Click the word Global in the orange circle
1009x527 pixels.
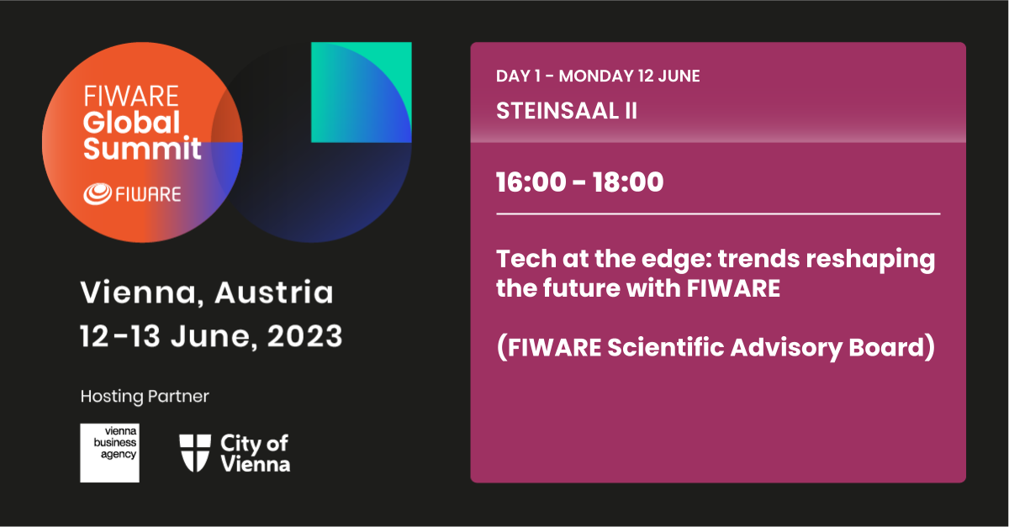[131, 123]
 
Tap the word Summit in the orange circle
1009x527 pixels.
[142, 148]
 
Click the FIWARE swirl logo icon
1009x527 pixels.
[98, 194]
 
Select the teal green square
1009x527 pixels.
[362, 92]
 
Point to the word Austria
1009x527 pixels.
[274, 292]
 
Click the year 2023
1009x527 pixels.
[305, 336]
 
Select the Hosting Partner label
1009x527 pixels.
[145, 397]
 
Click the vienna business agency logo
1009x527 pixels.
[110, 453]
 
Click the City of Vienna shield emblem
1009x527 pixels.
[195, 453]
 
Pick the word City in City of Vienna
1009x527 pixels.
[240, 444]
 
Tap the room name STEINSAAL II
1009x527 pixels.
[567, 111]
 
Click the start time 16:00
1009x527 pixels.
[531, 182]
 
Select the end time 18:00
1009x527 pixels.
[628, 182]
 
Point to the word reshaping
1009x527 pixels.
[870, 261]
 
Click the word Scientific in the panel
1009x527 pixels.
[666, 347]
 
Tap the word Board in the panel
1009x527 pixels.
[886, 347]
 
